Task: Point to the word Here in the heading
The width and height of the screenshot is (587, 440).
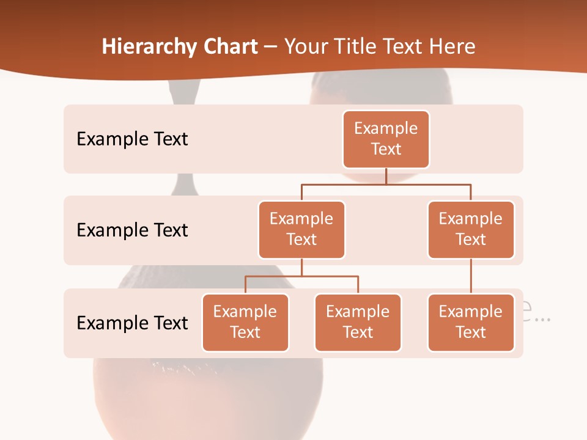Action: pos(451,47)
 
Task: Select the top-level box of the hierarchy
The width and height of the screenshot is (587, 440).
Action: pos(386,139)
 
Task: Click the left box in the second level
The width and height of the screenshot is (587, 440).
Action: pos(301,229)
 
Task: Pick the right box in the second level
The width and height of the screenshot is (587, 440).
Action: pos(471,229)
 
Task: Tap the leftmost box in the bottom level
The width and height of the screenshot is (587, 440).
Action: pos(245,322)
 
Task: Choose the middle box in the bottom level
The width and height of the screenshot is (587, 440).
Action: pos(358,322)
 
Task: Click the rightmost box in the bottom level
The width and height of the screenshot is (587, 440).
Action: pos(471,322)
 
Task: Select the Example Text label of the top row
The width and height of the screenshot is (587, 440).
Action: pos(132,139)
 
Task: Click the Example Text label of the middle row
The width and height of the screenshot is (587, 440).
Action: pos(132,230)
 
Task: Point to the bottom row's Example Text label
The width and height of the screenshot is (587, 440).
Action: pos(132,323)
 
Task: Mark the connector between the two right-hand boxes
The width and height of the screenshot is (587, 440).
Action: pos(471,276)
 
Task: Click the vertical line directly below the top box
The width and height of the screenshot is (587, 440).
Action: pos(386,176)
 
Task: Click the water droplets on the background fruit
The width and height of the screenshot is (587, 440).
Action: pos(183,368)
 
